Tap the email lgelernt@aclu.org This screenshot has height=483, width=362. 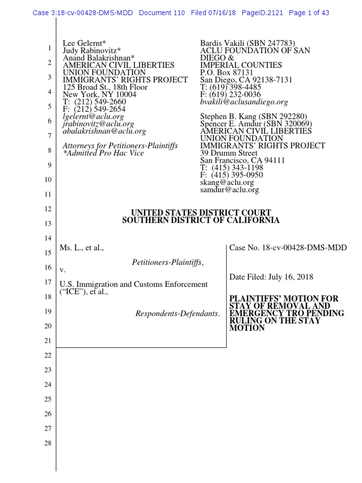tap(93, 117)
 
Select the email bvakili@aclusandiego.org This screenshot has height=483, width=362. tap(244, 102)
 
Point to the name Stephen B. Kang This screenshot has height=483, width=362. tap(228, 117)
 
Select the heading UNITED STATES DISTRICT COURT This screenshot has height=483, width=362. tap(201, 213)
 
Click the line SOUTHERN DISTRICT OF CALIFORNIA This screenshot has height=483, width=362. tap(201, 220)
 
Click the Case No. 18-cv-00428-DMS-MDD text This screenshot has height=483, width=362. tap(288, 248)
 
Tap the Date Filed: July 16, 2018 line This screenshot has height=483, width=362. tap(271, 277)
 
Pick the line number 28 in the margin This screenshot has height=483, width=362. tap(48, 443)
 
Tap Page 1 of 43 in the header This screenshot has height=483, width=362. tap(309, 13)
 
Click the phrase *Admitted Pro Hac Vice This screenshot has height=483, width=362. tap(103, 153)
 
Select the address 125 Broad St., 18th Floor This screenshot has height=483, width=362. tap(105, 87)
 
